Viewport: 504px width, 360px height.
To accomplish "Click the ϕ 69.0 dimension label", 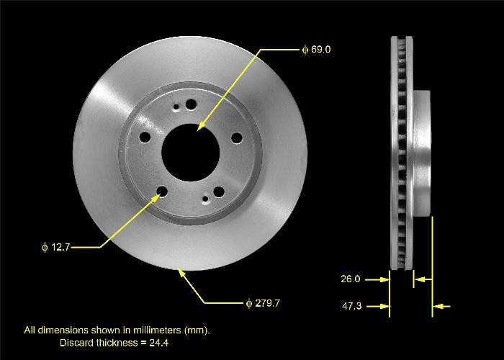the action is point(316,50).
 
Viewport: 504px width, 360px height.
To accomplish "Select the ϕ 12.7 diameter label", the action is point(56,247).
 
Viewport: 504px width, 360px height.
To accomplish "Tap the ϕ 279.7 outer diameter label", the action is point(263,303).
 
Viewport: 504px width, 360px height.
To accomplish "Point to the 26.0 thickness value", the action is point(351,279).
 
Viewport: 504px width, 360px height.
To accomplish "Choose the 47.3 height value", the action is point(351,306).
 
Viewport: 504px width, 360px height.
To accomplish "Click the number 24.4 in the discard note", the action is point(159,343).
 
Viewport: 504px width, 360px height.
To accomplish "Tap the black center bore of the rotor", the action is point(190,153).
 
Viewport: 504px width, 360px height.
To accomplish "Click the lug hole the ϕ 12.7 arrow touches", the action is point(162,192).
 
